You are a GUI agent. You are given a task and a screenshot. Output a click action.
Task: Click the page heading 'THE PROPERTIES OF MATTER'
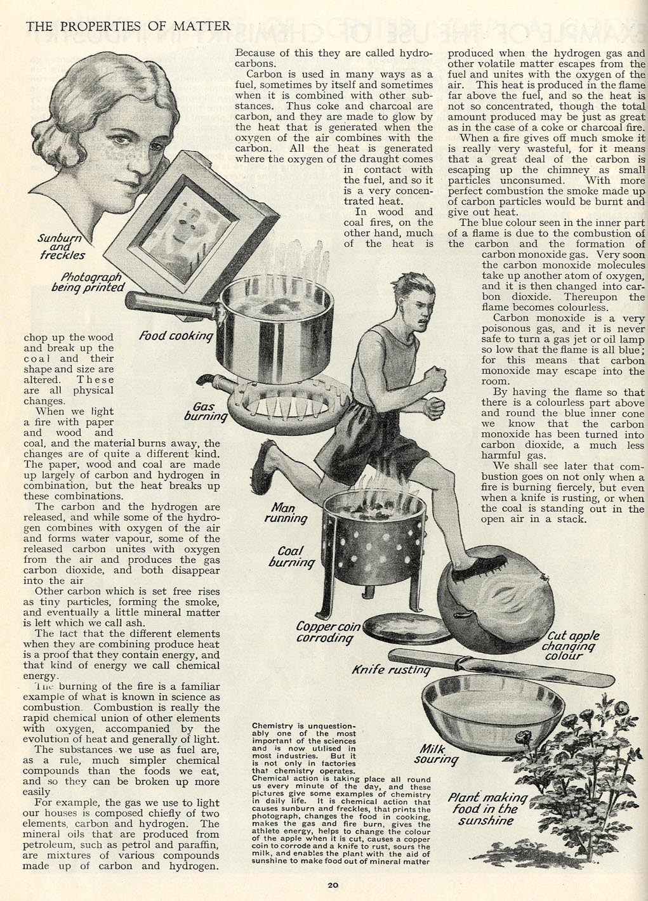pyautogui.click(x=128, y=27)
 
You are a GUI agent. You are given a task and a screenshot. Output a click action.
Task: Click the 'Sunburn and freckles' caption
pyautogui.click(x=61, y=246)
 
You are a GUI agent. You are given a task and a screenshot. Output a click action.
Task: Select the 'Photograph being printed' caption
pyautogui.click(x=88, y=282)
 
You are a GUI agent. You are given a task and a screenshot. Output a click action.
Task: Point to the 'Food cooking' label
pyautogui.click(x=176, y=336)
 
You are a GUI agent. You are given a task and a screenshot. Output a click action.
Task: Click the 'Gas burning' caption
pyautogui.click(x=205, y=412)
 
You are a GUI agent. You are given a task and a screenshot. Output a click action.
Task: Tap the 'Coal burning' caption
pyautogui.click(x=291, y=556)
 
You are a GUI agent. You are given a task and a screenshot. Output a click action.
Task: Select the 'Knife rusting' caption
pyautogui.click(x=391, y=669)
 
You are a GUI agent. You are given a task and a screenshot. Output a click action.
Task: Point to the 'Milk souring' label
pyautogui.click(x=436, y=754)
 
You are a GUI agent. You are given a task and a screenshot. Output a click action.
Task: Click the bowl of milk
pyautogui.click(x=493, y=714)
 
